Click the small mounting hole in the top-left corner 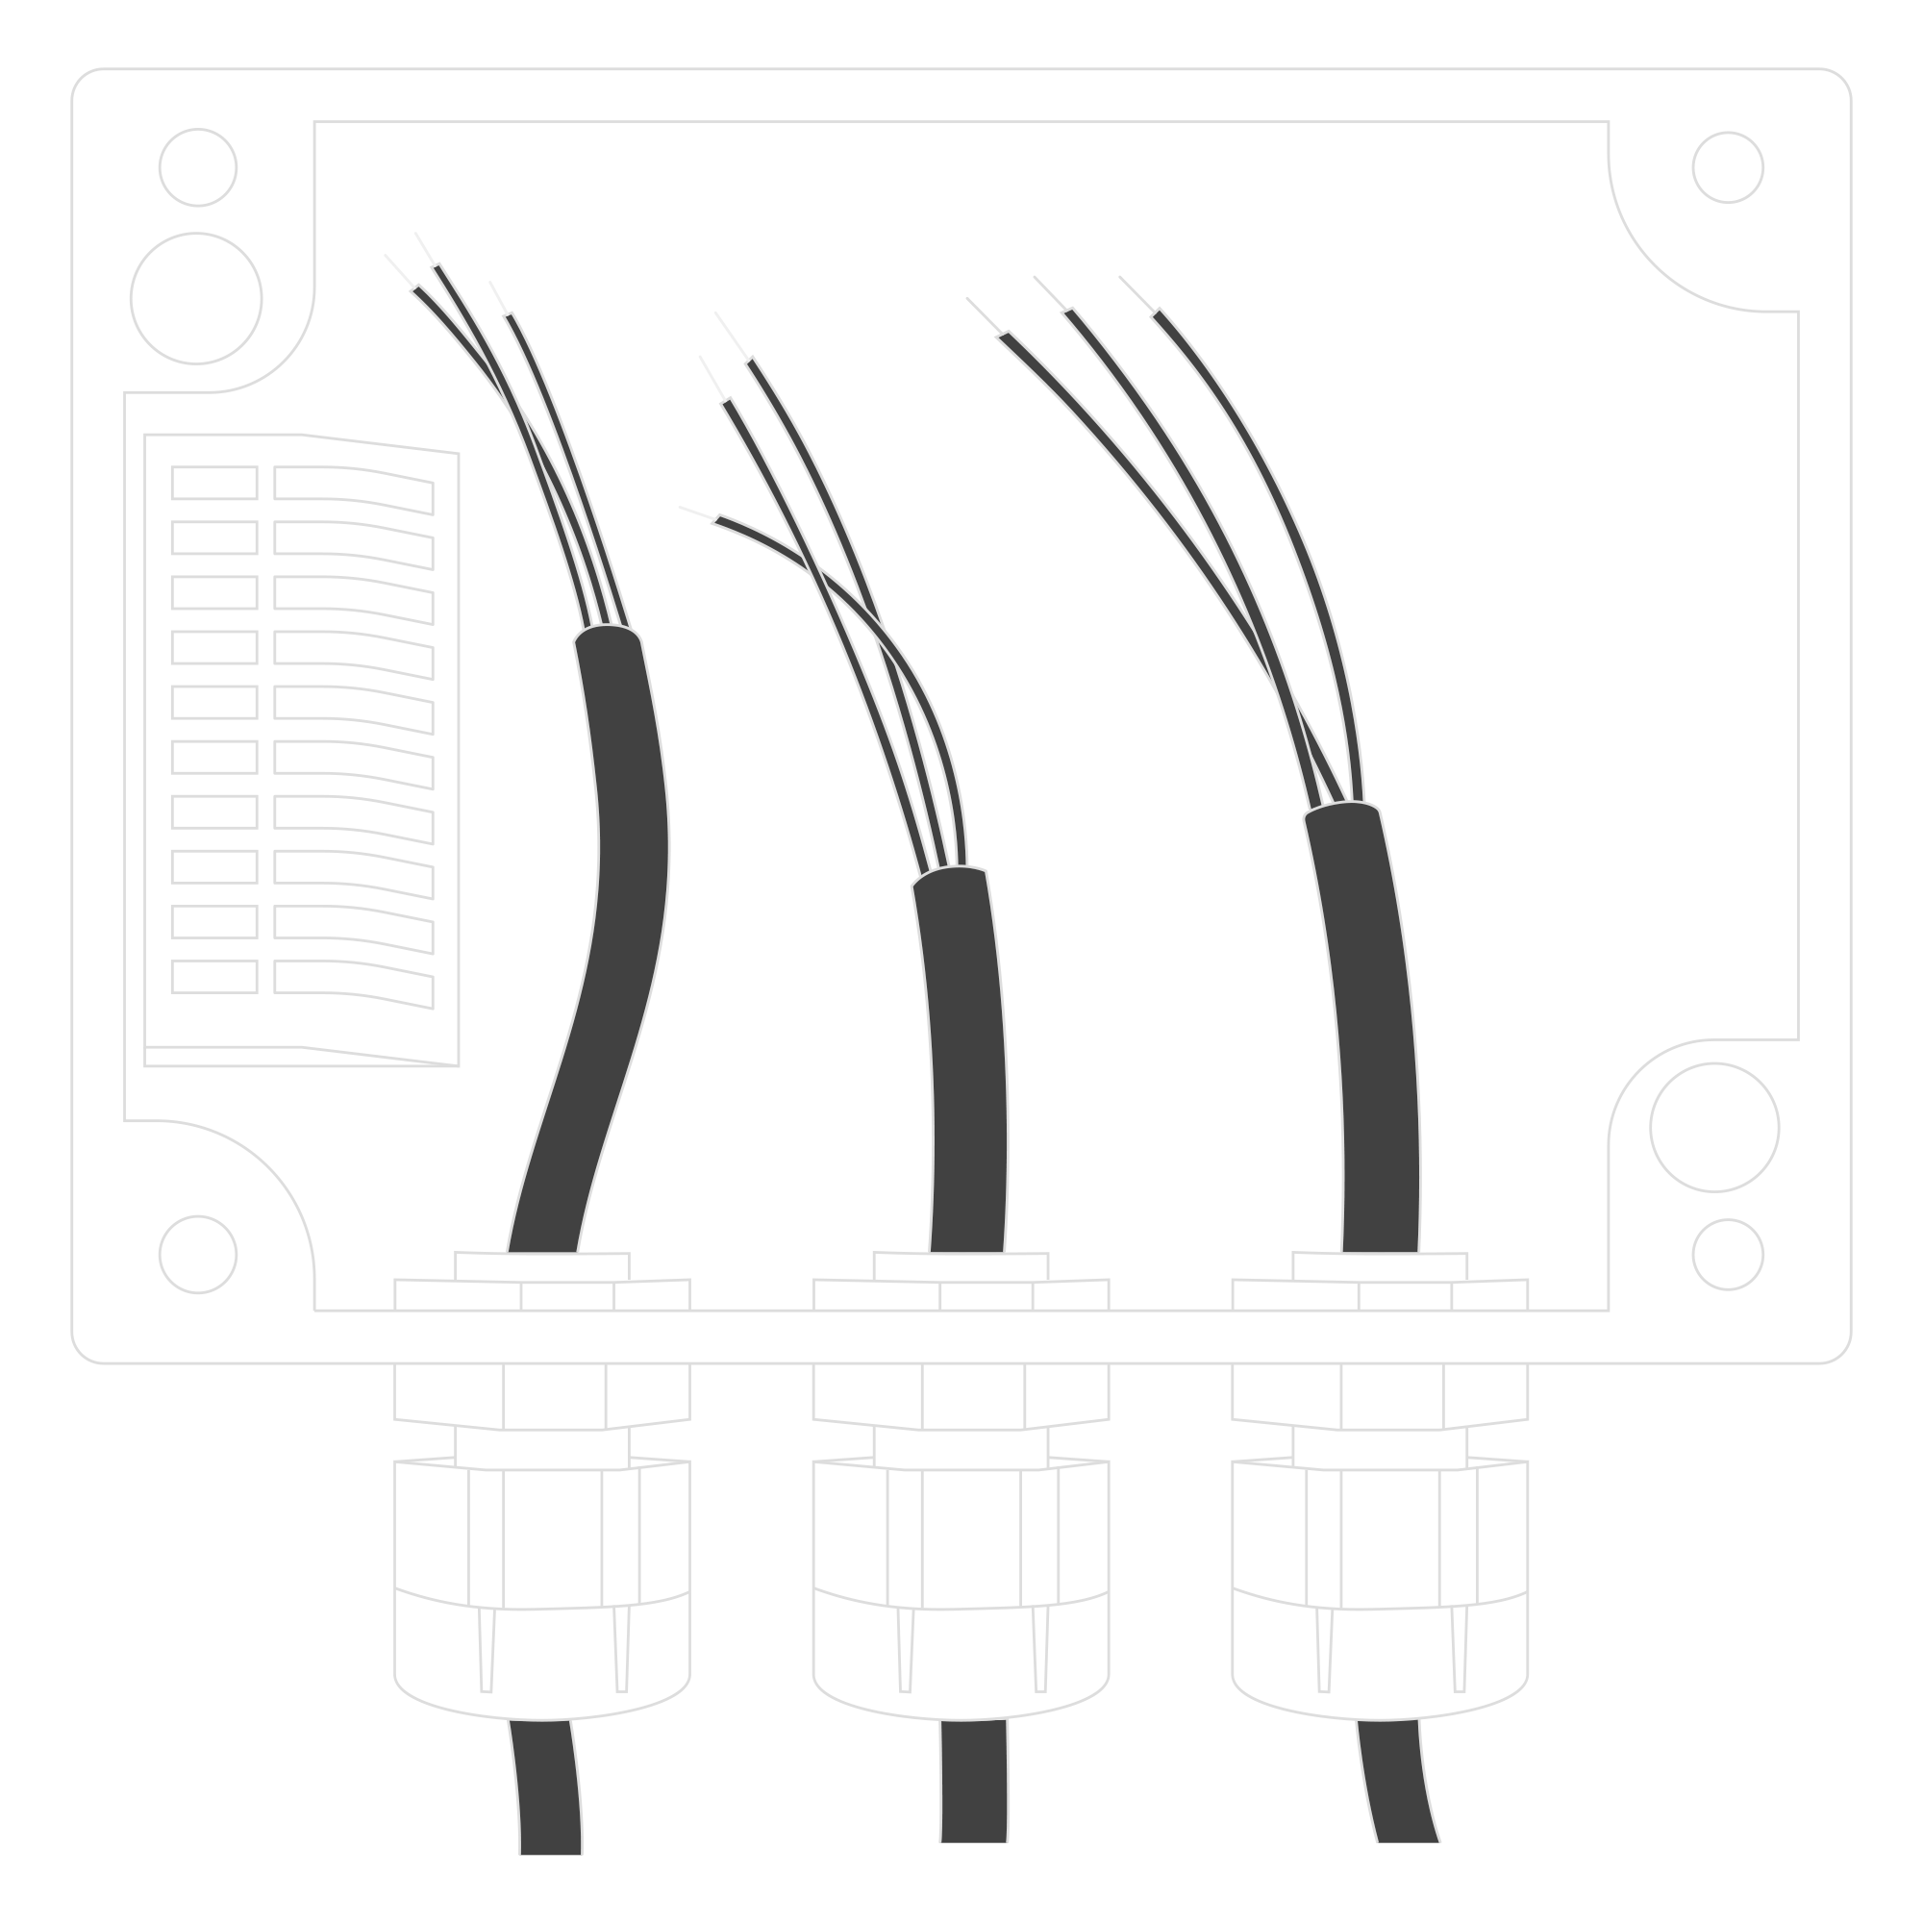click(197, 167)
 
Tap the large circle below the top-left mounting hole click(196, 298)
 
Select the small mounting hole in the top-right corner click(1727, 167)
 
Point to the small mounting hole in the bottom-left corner click(197, 1254)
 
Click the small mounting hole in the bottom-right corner click(1727, 1254)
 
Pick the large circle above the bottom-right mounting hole click(1713, 1127)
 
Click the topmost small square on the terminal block click(214, 483)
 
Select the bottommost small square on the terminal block click(214, 977)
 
